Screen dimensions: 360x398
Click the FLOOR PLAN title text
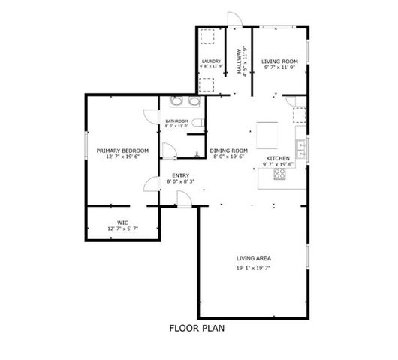197,328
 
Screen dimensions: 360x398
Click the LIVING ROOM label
279,61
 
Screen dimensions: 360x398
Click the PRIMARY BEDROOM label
122,150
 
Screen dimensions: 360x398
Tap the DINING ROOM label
228,150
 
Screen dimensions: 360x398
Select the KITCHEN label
278,158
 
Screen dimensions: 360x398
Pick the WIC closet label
122,222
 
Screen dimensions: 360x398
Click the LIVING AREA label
252,259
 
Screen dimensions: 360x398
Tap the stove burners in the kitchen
279,175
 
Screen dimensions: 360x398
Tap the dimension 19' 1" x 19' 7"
252,267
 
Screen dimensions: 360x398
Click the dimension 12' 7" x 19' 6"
122,157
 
